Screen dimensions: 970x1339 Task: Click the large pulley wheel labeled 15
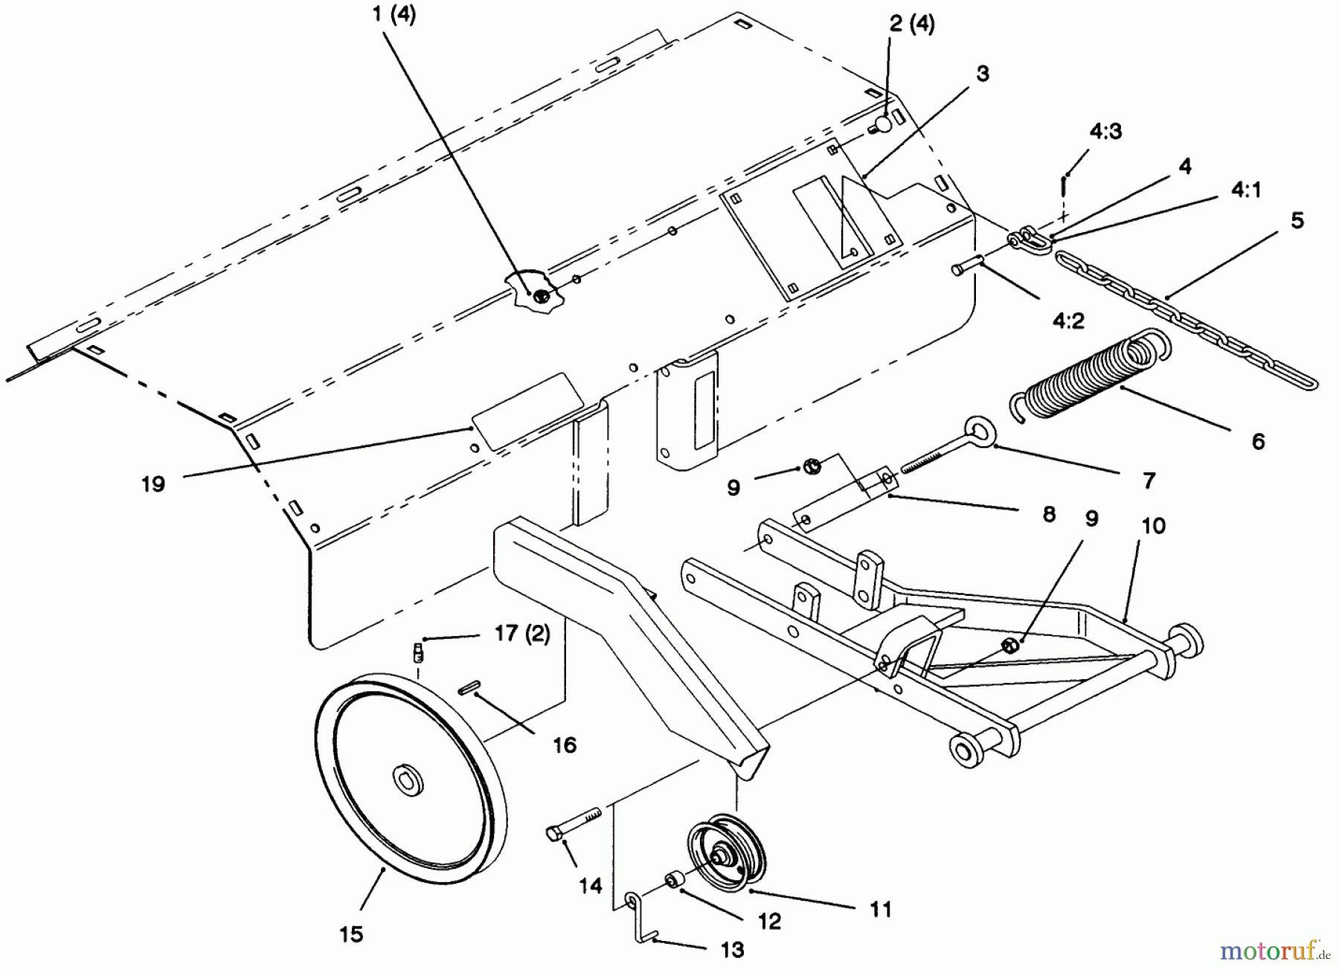tap(350, 811)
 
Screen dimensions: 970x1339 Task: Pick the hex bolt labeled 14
tap(573, 822)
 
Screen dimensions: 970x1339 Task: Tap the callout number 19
tap(153, 484)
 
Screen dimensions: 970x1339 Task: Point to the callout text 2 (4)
tap(911, 24)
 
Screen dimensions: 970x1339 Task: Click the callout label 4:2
tap(1068, 321)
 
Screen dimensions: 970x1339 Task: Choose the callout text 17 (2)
tap(522, 635)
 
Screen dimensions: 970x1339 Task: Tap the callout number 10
tap(1153, 526)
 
